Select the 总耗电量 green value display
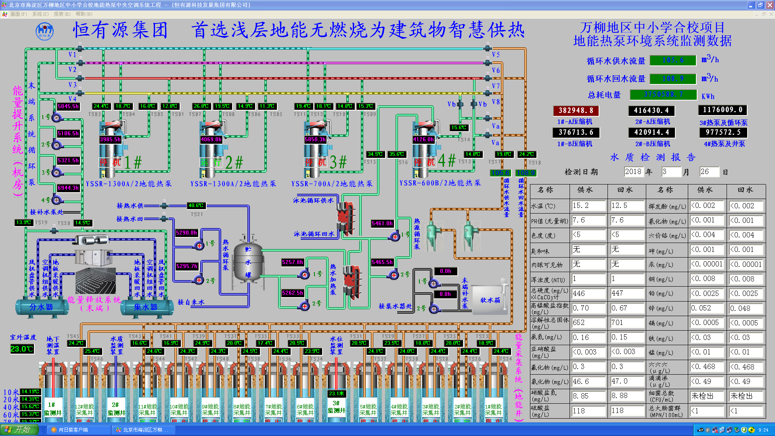(663, 94)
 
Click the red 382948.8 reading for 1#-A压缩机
(576, 110)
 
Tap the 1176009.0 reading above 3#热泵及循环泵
(723, 110)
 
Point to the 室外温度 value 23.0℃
(22, 349)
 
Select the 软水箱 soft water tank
(490, 300)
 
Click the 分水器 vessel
(42, 307)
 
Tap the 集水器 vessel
(146, 307)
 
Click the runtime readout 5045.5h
(68, 106)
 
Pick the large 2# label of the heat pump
(234, 163)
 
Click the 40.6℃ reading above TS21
(196, 205)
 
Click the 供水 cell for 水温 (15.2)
(588, 205)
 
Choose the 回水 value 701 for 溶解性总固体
(626, 323)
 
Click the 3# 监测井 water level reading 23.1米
(336, 393)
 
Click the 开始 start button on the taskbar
(19, 430)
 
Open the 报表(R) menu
(62, 14)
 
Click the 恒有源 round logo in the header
(44, 31)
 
